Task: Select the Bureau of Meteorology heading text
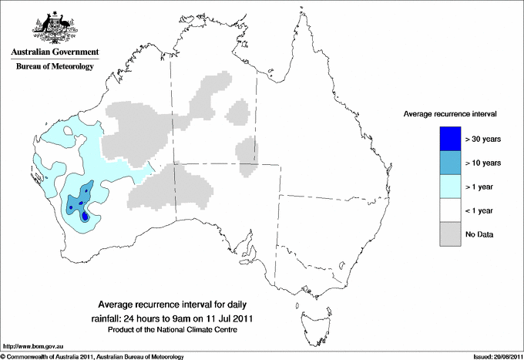tap(55, 67)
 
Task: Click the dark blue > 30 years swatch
tap(449, 139)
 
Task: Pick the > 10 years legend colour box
tap(449, 163)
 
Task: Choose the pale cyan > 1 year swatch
tap(449, 187)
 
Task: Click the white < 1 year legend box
tap(449, 210)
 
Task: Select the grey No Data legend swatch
tap(449, 234)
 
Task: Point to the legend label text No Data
tap(480, 234)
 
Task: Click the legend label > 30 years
tap(483, 139)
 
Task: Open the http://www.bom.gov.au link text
tap(33, 346)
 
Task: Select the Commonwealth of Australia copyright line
tap(92, 356)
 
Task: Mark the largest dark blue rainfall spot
tap(85, 217)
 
